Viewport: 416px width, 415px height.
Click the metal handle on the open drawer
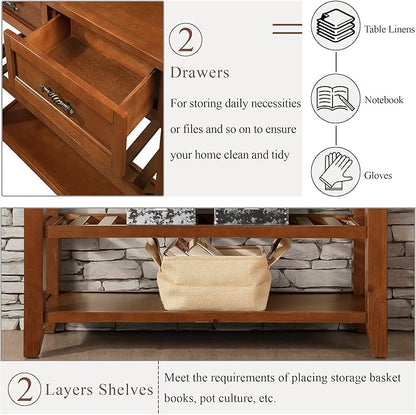coord(57,100)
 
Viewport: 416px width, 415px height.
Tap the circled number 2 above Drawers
coord(185,40)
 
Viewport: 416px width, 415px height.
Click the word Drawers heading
coord(199,73)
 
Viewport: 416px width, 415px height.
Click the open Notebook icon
coord(335,98)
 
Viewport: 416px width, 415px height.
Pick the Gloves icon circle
coord(335,171)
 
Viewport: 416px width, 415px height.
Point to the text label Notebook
coord(384,100)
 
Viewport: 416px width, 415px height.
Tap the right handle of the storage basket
coord(280,249)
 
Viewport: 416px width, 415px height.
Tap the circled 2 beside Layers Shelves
coord(24,390)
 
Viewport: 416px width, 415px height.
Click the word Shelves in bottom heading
coord(126,389)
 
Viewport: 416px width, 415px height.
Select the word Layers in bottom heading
coord(72,390)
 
